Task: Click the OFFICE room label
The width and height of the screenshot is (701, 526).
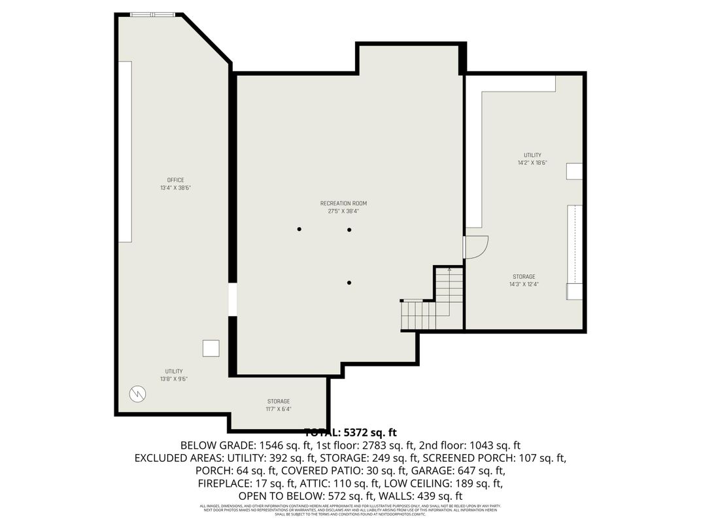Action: (x=175, y=180)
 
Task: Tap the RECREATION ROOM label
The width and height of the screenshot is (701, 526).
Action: (x=343, y=203)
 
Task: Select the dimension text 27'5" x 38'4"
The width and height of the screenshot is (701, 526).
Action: (x=343, y=211)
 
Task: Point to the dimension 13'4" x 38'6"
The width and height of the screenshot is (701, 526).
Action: (x=175, y=188)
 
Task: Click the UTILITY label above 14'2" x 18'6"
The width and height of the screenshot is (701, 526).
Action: (x=532, y=155)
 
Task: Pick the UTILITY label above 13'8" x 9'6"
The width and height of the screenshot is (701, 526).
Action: (x=174, y=371)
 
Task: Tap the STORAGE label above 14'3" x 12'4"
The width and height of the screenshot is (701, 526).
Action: (x=524, y=277)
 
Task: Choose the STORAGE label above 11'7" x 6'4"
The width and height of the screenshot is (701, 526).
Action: (x=279, y=401)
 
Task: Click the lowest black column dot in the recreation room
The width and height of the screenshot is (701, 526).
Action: (x=350, y=283)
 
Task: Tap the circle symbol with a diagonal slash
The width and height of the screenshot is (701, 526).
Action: (x=137, y=394)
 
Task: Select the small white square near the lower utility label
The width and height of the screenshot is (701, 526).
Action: (x=211, y=349)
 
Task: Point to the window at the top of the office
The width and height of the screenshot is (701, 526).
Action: (x=153, y=14)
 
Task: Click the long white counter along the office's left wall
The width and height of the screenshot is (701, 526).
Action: (x=125, y=151)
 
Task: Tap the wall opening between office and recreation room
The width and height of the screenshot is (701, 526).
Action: (x=232, y=300)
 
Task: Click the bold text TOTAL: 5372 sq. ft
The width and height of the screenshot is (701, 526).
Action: (x=350, y=432)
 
